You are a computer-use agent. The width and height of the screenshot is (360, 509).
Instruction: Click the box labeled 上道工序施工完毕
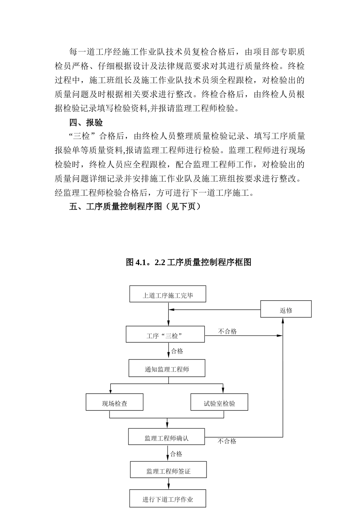coord(168,294)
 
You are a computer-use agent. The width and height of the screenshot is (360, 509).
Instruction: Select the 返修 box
coord(286,309)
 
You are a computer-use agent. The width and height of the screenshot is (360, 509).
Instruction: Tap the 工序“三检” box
coord(165,335)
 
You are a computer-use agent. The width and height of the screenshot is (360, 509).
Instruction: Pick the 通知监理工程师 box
coord(167,368)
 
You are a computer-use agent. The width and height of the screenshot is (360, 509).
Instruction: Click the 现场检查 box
coord(114,403)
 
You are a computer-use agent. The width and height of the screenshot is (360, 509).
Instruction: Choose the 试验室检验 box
coord(219,403)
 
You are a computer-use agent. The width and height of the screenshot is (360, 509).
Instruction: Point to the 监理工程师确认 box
coord(166,437)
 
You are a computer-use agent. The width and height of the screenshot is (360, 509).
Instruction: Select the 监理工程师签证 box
coord(168,470)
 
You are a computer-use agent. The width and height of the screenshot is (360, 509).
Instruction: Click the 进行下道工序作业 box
coord(168,499)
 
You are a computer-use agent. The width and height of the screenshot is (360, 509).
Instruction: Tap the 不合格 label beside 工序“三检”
coord(227,331)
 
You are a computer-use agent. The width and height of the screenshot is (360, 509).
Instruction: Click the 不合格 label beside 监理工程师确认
coord(227,441)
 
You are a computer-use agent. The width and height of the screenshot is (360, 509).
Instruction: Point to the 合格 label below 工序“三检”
coord(177,351)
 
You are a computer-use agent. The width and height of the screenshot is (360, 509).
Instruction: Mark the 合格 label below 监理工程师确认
coord(176,454)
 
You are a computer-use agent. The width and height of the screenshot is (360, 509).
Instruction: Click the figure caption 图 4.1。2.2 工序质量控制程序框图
coord(189,262)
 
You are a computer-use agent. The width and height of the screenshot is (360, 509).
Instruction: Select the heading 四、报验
coord(86,122)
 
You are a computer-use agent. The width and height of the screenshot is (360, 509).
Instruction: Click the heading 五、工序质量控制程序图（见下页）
coord(135,207)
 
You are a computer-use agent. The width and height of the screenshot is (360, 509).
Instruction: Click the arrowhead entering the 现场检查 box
coord(110,391)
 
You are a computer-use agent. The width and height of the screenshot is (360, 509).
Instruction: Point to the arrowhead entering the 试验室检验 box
coord(223,391)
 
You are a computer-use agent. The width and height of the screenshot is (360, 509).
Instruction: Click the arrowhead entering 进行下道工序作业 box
coord(168,486)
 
